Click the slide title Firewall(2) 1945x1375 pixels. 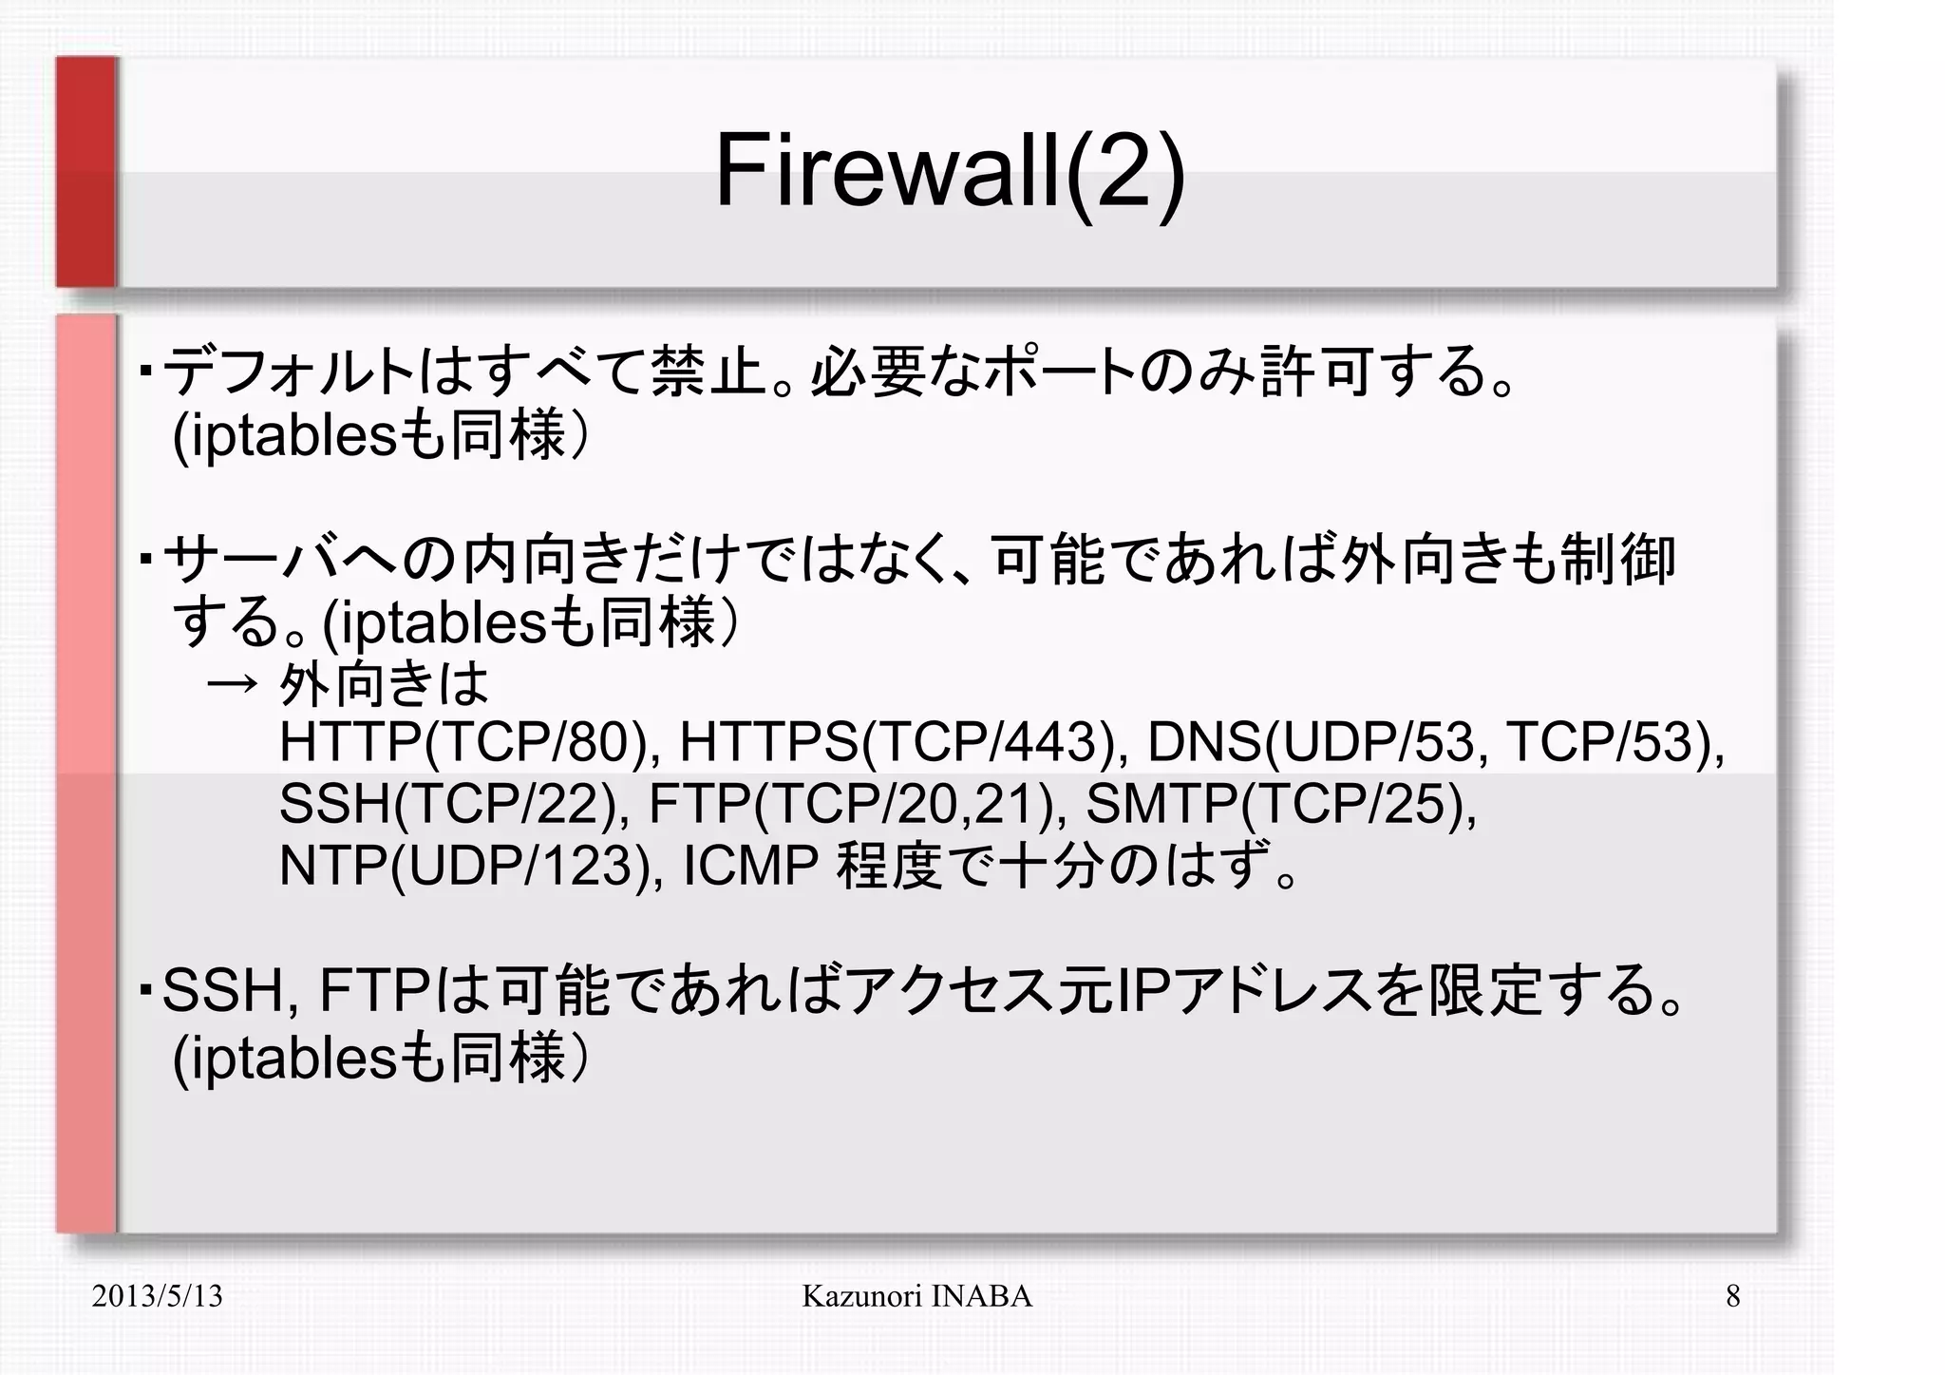pos(950,172)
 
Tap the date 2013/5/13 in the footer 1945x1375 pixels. pos(157,1296)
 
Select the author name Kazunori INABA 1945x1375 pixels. pos(916,1296)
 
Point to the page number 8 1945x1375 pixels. pos(1732,1296)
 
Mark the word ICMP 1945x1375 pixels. pos(750,866)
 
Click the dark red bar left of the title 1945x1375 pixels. pos(86,172)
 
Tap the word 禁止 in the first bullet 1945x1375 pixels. pos(708,372)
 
